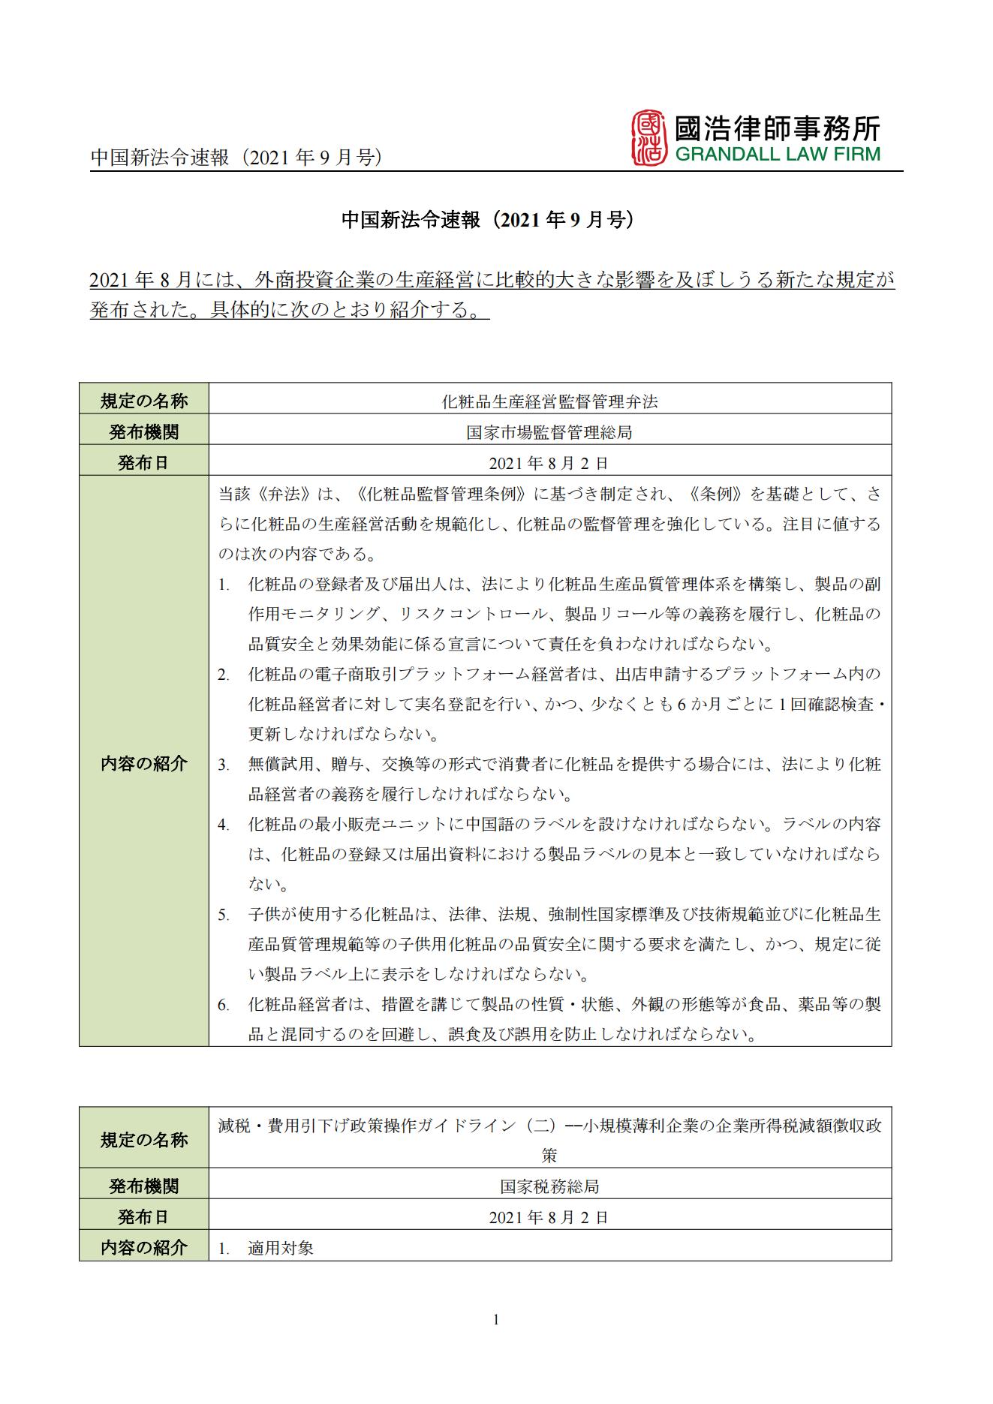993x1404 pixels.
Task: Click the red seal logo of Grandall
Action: [x=648, y=137]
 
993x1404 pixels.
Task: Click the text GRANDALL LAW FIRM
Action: [x=776, y=155]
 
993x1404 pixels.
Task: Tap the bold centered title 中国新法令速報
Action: [x=489, y=220]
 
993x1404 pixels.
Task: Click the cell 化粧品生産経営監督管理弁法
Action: [x=549, y=401]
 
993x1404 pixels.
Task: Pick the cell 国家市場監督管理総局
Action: [x=549, y=432]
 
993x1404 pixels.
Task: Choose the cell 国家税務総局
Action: [x=549, y=1186]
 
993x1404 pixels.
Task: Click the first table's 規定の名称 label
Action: [x=144, y=401]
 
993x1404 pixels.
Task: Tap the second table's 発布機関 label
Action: [x=144, y=1186]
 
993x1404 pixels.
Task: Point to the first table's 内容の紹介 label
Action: [x=144, y=764]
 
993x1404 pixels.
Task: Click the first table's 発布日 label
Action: [x=144, y=463]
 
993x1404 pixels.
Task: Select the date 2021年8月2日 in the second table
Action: [x=549, y=1217]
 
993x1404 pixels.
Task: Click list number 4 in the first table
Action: [x=224, y=825]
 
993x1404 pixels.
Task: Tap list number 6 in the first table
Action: [x=224, y=1005]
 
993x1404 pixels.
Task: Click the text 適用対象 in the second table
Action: [x=281, y=1248]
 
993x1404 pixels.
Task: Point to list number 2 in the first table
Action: [x=224, y=675]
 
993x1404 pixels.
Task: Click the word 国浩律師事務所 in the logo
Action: [x=776, y=128]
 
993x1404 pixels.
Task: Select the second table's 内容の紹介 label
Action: [x=144, y=1248]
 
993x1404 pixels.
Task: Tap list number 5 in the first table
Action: [x=224, y=915]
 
